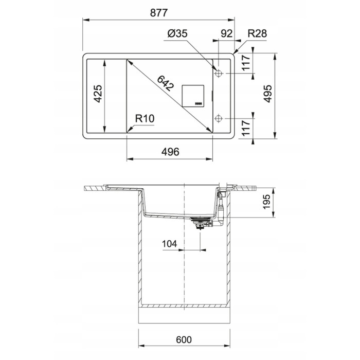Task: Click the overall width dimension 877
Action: click(159, 13)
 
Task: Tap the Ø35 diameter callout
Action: click(177, 34)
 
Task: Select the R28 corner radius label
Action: click(257, 34)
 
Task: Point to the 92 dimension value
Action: click(227, 34)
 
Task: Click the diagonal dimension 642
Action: click(166, 83)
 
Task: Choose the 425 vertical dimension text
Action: click(98, 94)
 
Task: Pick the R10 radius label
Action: click(145, 119)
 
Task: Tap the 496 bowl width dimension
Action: click(170, 152)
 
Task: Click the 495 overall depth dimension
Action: click(267, 94)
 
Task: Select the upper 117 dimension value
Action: click(246, 63)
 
